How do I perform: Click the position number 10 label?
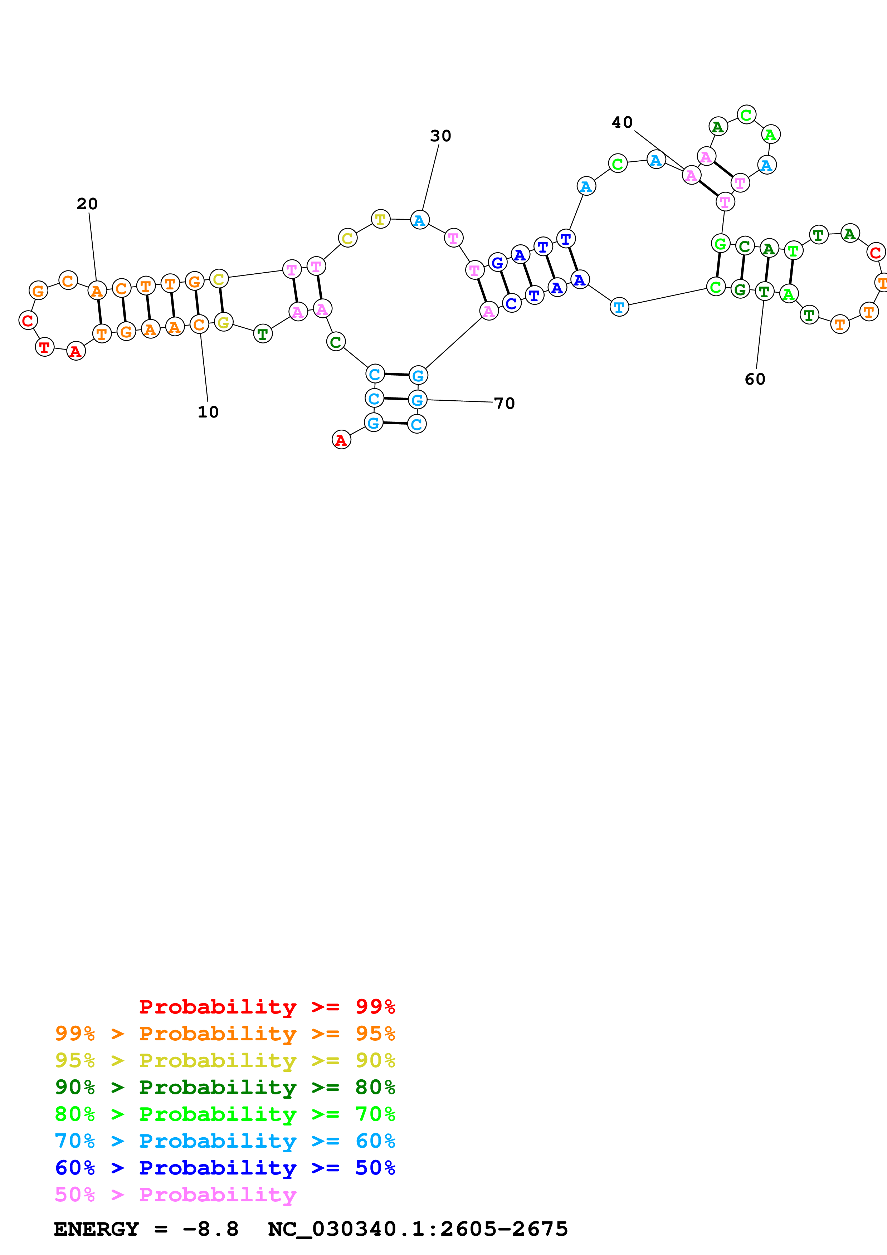click(x=208, y=412)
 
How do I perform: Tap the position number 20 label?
click(x=87, y=204)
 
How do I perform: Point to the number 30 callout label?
click(x=440, y=136)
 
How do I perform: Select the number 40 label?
click(x=622, y=122)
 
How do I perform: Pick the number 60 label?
click(x=755, y=379)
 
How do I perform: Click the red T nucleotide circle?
click(x=45, y=347)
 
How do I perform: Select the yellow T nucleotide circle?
click(x=380, y=219)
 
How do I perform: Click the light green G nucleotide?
click(x=720, y=244)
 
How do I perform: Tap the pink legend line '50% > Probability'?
click(x=175, y=1195)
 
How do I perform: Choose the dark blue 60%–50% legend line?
click(x=225, y=1168)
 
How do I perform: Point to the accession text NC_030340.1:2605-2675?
click(x=418, y=1229)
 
